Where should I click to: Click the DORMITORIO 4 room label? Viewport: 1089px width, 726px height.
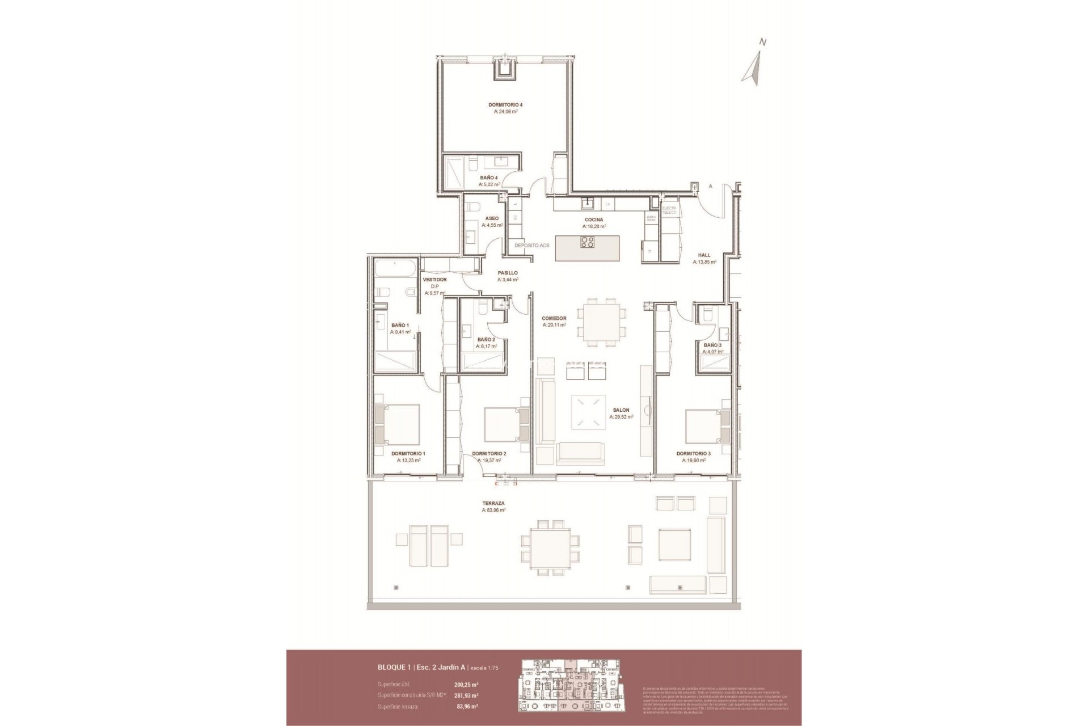click(x=505, y=105)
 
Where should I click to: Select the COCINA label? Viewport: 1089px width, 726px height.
click(x=594, y=220)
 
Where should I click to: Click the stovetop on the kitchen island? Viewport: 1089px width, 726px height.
click(x=587, y=242)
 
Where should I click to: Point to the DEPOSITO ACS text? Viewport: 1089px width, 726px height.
click(x=531, y=246)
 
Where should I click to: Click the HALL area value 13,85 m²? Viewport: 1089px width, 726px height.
click(x=704, y=263)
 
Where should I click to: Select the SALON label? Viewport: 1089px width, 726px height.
click(x=621, y=410)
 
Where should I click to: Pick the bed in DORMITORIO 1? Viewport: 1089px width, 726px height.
click(x=397, y=424)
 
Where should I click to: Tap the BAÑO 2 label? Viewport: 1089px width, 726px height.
click(x=486, y=340)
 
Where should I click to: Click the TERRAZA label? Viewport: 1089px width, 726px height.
click(x=493, y=503)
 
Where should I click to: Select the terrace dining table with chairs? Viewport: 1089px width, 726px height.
click(x=550, y=545)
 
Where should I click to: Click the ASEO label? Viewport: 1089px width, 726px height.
click(x=492, y=218)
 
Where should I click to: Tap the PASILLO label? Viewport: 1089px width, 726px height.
click(x=508, y=273)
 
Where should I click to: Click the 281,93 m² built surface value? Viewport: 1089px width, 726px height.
click(x=466, y=695)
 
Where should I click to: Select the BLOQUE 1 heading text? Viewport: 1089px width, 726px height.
click(x=395, y=668)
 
